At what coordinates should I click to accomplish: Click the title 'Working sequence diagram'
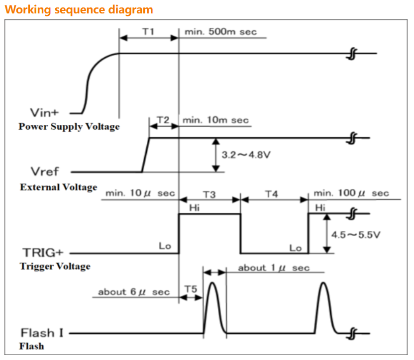pyautogui.click(x=79, y=9)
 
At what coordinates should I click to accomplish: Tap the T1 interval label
pyautogui.click(x=148, y=31)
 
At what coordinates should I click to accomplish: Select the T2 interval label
pyautogui.click(x=163, y=120)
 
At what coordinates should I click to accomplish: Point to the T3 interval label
pyautogui.click(x=209, y=194)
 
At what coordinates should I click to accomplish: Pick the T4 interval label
pyautogui.click(x=271, y=194)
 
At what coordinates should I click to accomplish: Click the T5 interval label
pyautogui.click(x=191, y=289)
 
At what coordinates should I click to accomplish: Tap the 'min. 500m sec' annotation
pyautogui.click(x=220, y=32)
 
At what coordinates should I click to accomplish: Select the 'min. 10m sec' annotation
pyautogui.click(x=215, y=120)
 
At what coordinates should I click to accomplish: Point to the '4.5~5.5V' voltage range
pyautogui.click(x=356, y=234)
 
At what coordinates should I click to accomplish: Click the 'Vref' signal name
pyautogui.click(x=45, y=172)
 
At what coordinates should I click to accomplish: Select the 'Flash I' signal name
pyautogui.click(x=42, y=332)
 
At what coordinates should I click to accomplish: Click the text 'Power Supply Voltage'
pyautogui.click(x=69, y=126)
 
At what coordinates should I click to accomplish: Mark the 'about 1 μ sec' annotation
pyautogui.click(x=274, y=268)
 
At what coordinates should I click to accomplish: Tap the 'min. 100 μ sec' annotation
pyautogui.click(x=351, y=193)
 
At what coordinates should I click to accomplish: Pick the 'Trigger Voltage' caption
pyautogui.click(x=55, y=266)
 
